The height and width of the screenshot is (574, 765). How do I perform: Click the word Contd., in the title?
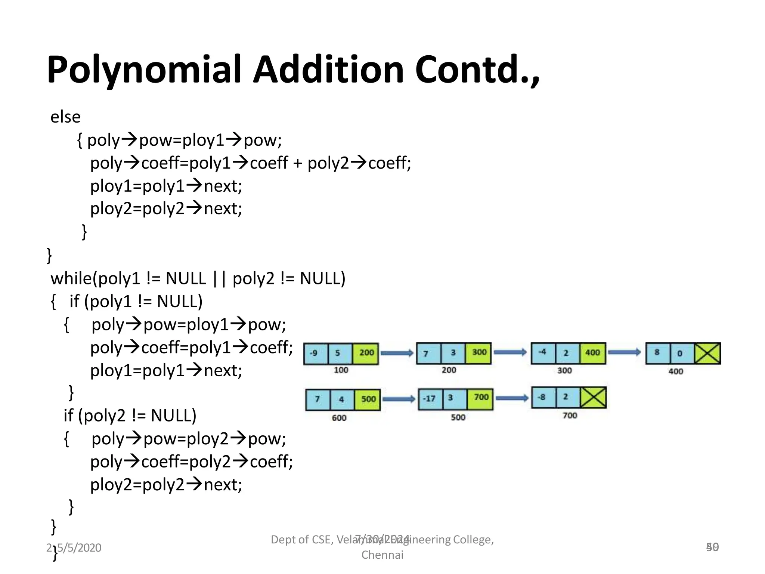pos(477,70)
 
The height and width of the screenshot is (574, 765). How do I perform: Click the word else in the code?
pos(65,117)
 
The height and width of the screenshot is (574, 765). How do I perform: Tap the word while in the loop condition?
pos(71,278)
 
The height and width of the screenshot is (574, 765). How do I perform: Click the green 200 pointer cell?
pos(366,353)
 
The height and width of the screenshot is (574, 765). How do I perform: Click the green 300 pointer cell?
pos(478,353)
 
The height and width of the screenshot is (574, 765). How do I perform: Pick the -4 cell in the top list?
pos(543,352)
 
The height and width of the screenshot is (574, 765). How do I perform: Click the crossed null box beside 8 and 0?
pos(707,353)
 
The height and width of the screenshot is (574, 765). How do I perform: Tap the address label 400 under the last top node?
pos(675,371)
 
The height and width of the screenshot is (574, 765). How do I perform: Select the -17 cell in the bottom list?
pos(430,399)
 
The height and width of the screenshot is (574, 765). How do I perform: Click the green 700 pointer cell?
pos(480,398)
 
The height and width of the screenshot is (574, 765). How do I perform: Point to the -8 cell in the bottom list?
pos(543,398)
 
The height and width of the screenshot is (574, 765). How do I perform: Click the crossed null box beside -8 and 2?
pos(593,398)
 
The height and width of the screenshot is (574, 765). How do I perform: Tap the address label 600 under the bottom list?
pos(339,418)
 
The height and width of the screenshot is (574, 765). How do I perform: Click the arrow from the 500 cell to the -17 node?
pos(399,399)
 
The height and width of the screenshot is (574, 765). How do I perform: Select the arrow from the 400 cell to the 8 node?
pos(624,352)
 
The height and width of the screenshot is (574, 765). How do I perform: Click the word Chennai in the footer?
pos(382,555)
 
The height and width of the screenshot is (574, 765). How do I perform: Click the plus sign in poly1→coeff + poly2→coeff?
pos(297,163)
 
